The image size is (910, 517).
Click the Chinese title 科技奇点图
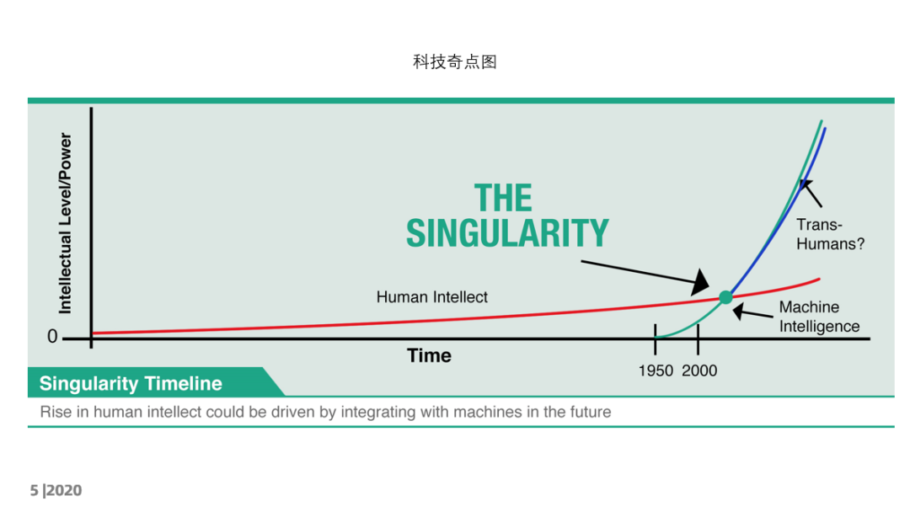click(x=454, y=61)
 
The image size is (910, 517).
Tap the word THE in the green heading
click(x=503, y=198)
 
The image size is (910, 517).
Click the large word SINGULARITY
click(x=507, y=233)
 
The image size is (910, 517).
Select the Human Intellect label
click(x=431, y=297)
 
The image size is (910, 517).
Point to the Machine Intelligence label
click(x=819, y=317)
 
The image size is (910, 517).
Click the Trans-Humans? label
click(x=830, y=234)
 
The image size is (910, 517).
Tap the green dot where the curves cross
click(x=725, y=298)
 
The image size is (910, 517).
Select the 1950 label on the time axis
click(x=656, y=370)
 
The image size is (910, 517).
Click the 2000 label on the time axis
click(x=699, y=370)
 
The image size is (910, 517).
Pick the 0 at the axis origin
click(x=52, y=337)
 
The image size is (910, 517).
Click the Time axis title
click(x=429, y=355)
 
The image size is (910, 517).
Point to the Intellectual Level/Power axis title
click(x=66, y=223)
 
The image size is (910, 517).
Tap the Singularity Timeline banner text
click(x=131, y=384)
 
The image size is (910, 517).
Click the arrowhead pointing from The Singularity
click(x=700, y=281)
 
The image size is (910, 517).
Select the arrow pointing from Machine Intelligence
click(x=752, y=313)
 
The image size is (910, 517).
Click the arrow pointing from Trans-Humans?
click(x=811, y=193)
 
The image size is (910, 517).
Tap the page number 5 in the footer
click(x=34, y=490)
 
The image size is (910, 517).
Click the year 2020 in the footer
click(x=64, y=490)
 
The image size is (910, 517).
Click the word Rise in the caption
click(x=52, y=412)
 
